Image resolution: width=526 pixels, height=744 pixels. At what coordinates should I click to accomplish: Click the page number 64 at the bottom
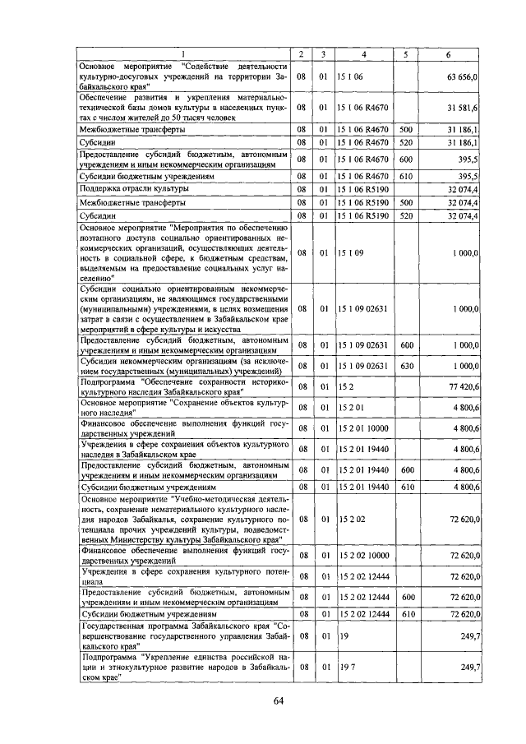pos(278,700)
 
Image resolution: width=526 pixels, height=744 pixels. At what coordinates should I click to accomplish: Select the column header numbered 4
pos(365,54)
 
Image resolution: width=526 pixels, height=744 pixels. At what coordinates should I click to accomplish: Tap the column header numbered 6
pos(447,54)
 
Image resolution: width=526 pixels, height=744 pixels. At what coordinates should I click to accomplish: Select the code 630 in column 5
pos(406,365)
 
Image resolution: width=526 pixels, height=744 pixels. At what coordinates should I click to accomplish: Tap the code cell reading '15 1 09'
pos(349,253)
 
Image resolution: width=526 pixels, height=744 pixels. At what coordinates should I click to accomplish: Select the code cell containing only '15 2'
pos(345,386)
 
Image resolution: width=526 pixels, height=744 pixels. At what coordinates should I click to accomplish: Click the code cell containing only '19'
pos(342,636)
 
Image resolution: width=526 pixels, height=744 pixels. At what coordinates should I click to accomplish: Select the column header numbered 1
pos(182,54)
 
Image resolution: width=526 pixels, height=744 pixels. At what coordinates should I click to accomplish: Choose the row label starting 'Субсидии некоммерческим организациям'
pos(182,365)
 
